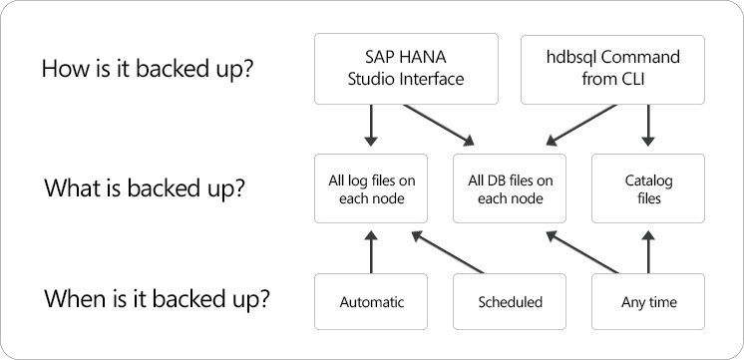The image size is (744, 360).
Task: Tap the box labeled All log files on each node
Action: [x=371, y=188]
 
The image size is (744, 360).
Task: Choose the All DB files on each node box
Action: [x=510, y=188]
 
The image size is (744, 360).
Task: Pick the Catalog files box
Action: [x=648, y=188]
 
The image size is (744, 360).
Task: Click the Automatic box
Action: [x=371, y=300]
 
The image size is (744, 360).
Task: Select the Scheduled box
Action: [x=510, y=300]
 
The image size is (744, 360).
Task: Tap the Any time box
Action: [x=648, y=300]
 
